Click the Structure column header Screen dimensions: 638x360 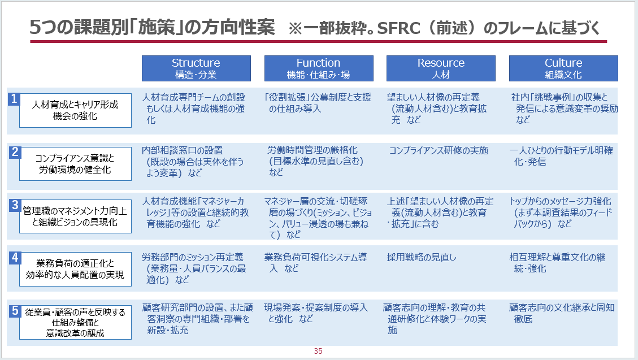(x=196, y=68)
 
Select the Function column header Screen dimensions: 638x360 (x=319, y=68)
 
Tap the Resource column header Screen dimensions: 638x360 (x=441, y=68)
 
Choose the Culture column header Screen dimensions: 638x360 (x=563, y=68)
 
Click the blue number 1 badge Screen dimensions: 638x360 (x=14, y=99)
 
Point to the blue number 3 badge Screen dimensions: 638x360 (x=15, y=205)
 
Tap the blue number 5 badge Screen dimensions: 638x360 (x=15, y=311)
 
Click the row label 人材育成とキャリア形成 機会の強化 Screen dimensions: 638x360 (x=75, y=110)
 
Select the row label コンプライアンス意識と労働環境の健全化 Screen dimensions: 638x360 (x=75, y=163)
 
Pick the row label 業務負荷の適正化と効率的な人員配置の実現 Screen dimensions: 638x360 (x=75, y=269)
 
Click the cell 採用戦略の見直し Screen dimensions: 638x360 (x=422, y=257)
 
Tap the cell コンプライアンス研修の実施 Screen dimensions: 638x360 (x=439, y=150)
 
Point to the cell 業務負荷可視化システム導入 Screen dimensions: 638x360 (x=315, y=263)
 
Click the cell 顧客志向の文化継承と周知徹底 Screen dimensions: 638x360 (x=562, y=313)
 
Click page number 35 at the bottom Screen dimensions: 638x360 (x=318, y=351)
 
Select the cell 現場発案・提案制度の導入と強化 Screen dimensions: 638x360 (x=316, y=313)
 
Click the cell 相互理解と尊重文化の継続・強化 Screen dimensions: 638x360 (x=557, y=263)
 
